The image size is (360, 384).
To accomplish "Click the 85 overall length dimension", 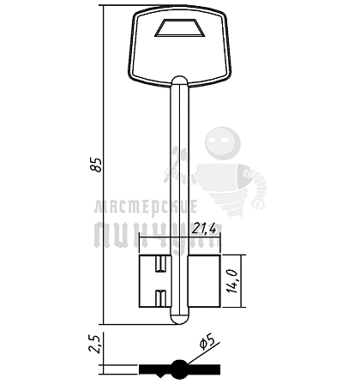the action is point(96,165).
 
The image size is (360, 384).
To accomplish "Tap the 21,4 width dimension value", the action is point(203,228).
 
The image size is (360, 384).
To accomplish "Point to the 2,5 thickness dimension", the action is point(94,344).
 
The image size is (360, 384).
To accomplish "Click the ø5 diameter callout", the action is point(207,342).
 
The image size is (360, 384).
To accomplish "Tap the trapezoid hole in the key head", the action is point(180,28).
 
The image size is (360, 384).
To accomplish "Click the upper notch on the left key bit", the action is point(160,264).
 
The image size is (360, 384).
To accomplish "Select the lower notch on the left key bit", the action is point(160,297).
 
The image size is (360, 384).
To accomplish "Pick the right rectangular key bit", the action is point(204,281).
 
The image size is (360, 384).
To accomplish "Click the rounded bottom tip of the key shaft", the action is point(180,319).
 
